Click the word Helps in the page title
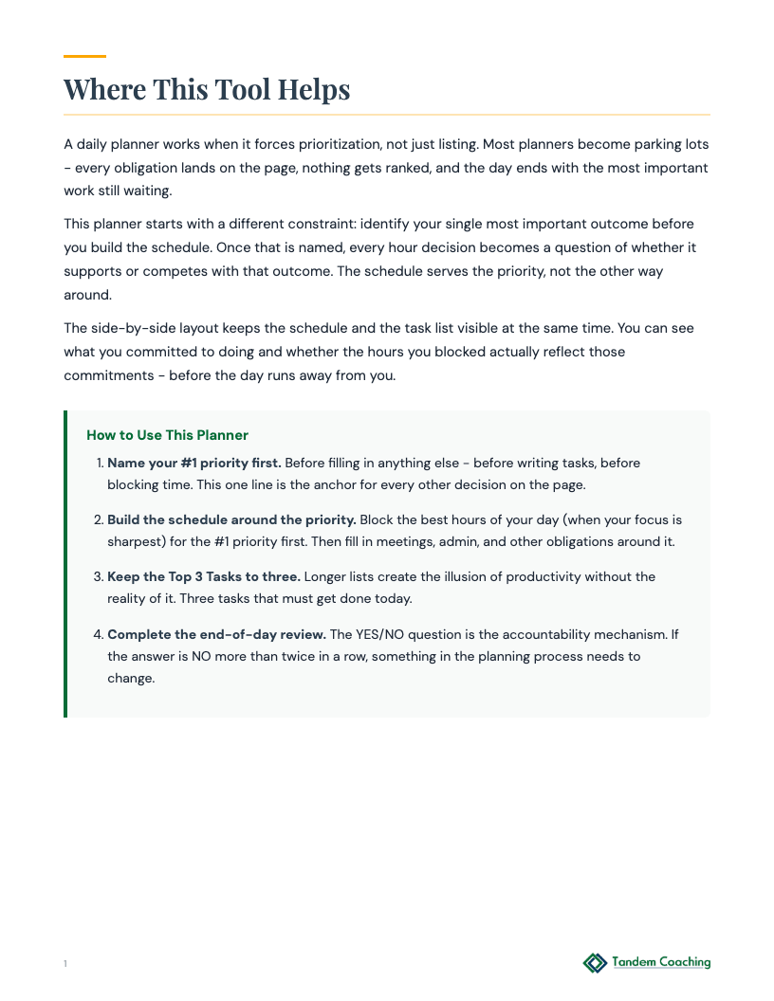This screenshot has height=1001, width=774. point(314,90)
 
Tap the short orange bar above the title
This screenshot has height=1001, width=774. point(84,57)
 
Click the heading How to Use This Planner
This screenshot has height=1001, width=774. point(167,435)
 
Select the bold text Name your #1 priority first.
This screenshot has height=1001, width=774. point(193,464)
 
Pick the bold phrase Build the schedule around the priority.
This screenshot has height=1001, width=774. point(231,520)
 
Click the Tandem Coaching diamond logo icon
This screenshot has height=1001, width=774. point(595,963)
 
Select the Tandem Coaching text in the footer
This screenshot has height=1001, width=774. point(661,962)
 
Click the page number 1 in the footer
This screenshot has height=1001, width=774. point(65,964)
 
